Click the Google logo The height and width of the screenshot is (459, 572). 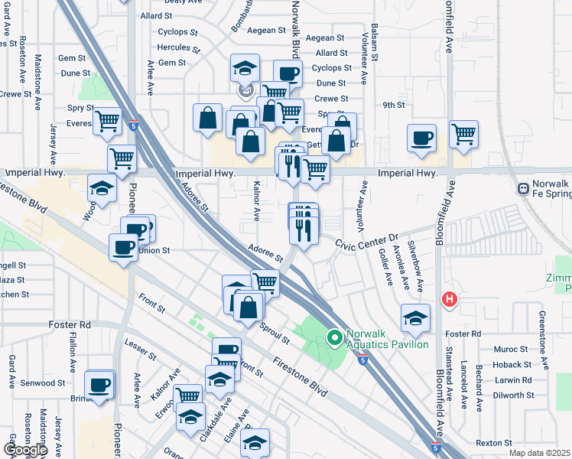coord(24,449)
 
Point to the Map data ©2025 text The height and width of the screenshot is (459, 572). coord(540,453)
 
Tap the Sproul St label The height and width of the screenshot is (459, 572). coord(273,334)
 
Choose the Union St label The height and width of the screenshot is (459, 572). coord(153,250)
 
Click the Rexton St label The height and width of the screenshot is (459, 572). coord(493,443)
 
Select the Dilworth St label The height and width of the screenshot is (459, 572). coord(513,395)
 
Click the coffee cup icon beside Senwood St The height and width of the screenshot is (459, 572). coord(99,386)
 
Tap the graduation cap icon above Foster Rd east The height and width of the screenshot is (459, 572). coord(415,318)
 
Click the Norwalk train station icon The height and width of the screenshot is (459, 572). coord(524,187)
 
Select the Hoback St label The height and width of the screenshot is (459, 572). coord(512,365)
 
